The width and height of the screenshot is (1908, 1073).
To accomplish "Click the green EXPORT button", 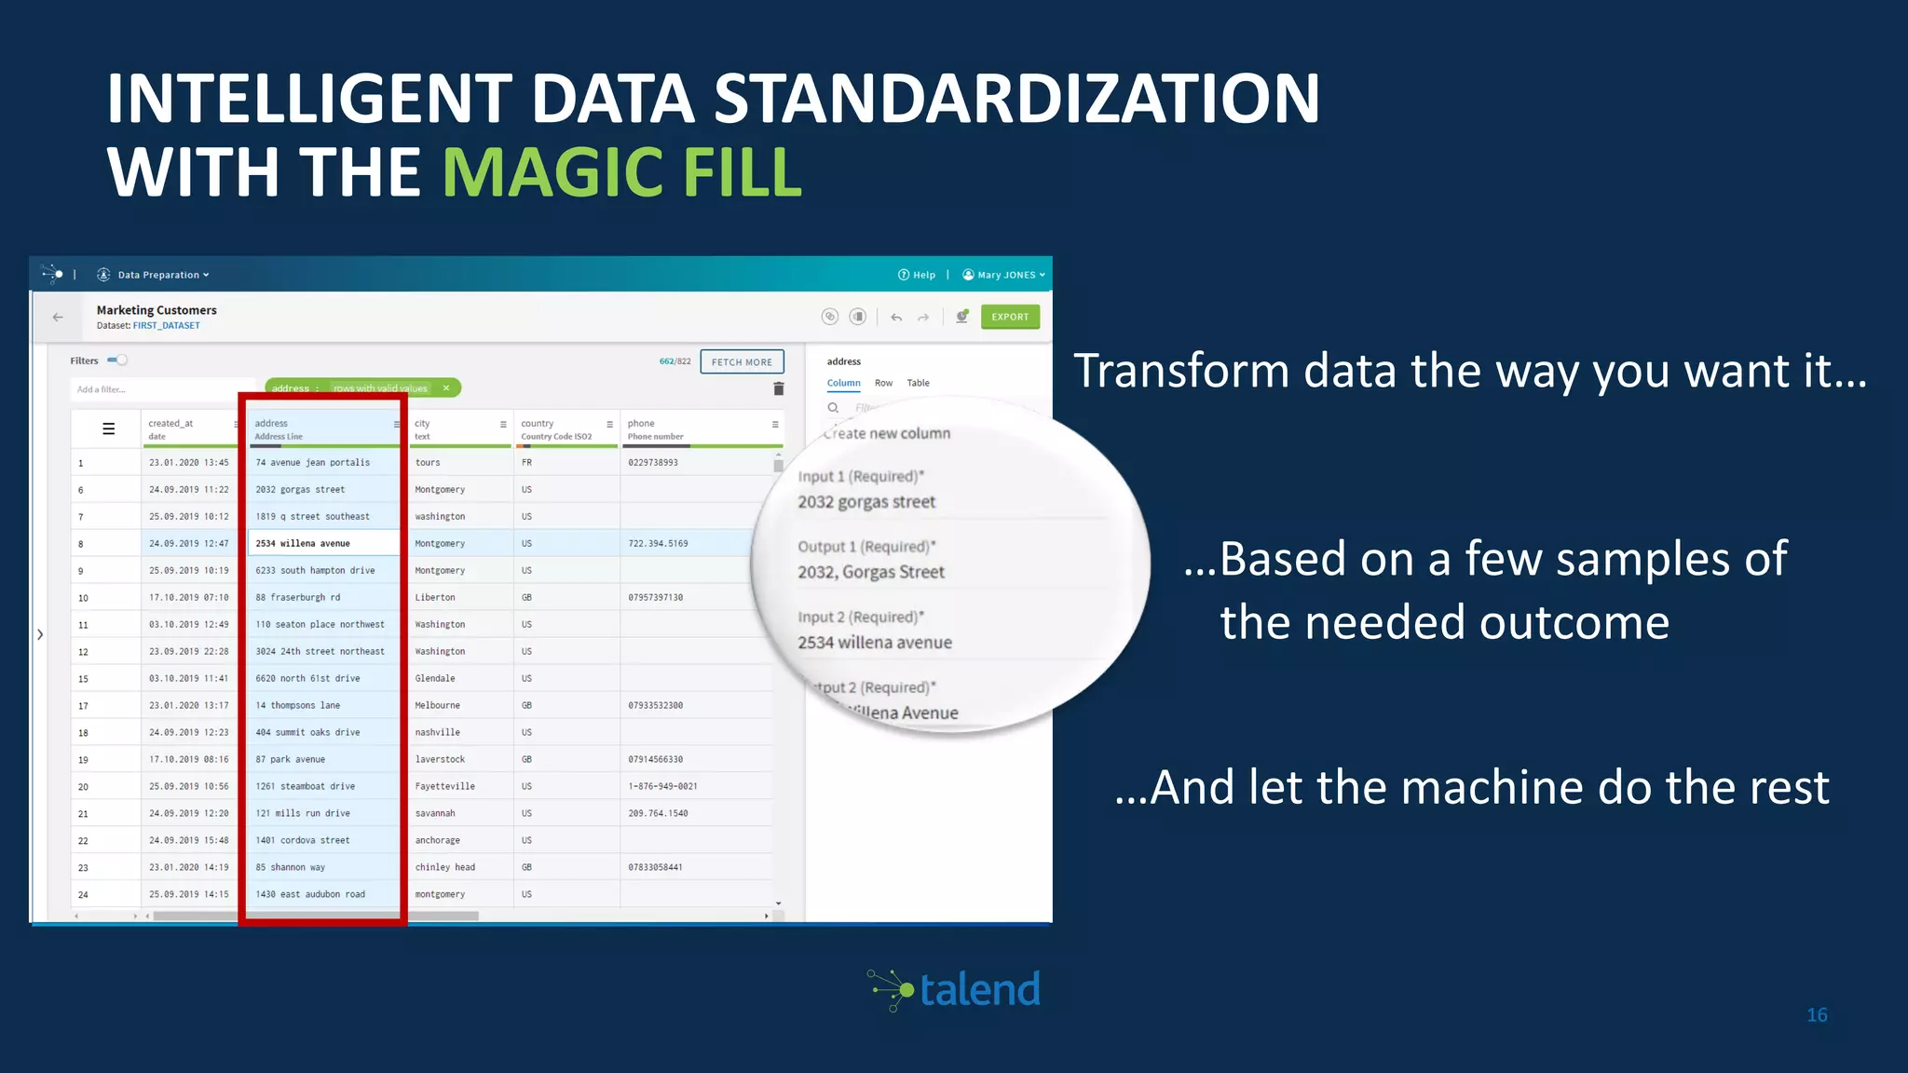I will [1010, 317].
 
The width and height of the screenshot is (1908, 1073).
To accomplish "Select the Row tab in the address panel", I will [883, 383].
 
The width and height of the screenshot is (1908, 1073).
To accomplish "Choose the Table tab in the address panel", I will [918, 383].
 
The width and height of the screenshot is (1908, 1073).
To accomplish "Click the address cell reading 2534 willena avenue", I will [303, 543].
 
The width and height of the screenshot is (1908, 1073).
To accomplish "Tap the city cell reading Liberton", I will [435, 597].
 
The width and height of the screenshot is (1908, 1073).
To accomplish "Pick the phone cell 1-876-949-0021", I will [662, 786].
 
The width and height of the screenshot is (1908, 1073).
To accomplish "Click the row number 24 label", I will [83, 894].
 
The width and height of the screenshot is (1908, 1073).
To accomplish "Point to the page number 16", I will [1817, 1015].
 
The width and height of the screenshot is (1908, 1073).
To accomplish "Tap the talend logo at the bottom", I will [956, 989].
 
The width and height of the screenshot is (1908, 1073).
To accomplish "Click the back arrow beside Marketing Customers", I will [58, 317].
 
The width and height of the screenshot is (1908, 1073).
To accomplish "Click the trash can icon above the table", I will [779, 388].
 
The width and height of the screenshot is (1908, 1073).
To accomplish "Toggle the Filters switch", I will [117, 360].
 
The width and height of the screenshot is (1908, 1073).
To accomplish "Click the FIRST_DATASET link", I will [166, 326].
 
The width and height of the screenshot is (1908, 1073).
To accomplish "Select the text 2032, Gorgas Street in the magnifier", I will [870, 572].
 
